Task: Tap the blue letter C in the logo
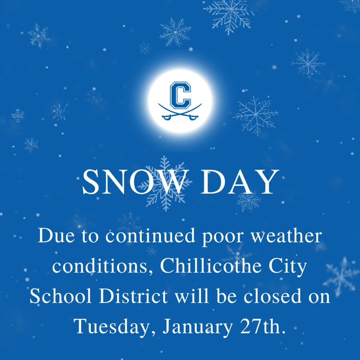point(180,95)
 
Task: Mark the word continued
point(149,237)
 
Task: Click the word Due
point(54,237)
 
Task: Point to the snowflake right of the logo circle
point(255,115)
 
